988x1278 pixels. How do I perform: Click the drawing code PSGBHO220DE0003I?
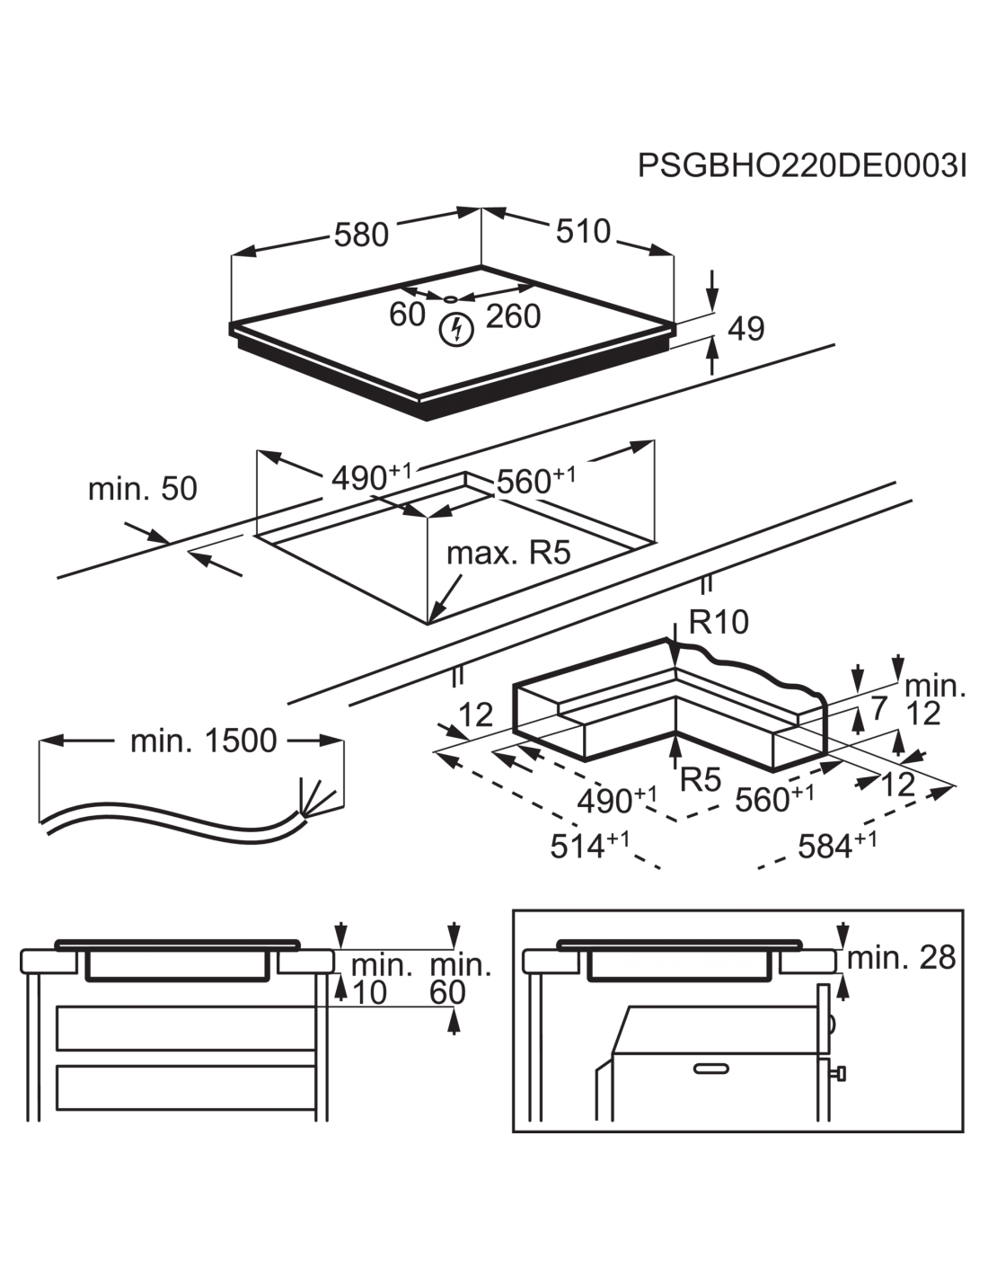(802, 166)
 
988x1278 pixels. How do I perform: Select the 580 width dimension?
(361, 235)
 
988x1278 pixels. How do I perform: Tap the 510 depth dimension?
(583, 231)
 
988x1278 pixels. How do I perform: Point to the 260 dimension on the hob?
(513, 316)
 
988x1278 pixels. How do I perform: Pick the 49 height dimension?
(745, 329)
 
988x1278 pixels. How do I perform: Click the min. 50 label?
(142, 489)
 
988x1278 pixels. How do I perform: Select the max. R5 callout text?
(508, 553)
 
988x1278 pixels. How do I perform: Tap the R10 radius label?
(719, 622)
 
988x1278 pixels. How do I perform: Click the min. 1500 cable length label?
(203, 741)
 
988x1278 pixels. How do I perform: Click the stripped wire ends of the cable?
(318, 797)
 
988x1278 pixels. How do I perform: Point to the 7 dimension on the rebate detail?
(878, 709)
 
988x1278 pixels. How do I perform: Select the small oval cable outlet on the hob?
(450, 298)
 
